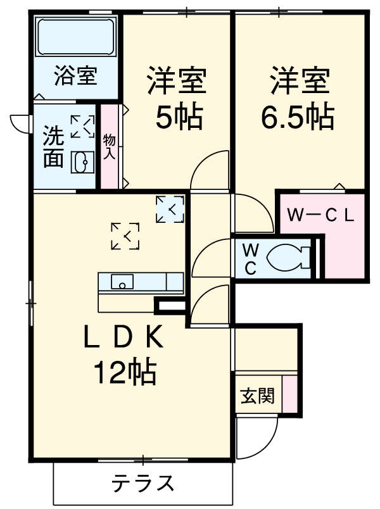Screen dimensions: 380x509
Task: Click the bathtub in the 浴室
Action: click(76, 37)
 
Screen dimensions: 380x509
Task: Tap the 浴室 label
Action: click(75, 75)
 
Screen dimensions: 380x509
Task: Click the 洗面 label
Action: click(53, 146)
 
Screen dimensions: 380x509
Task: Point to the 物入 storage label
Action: click(110, 147)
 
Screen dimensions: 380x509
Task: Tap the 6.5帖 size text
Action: click(298, 116)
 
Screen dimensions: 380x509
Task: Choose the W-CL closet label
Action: click(320, 215)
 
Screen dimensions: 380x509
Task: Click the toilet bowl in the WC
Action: click(288, 258)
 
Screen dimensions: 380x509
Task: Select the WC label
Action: click(251, 260)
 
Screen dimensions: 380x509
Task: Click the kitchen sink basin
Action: click(122, 282)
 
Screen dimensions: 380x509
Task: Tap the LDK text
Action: click(123, 337)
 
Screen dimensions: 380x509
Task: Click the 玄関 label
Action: click(258, 396)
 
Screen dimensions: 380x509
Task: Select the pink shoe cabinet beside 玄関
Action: click(289, 394)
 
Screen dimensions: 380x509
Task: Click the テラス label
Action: click(143, 483)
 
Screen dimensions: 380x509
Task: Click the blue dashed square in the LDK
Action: click(170, 209)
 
